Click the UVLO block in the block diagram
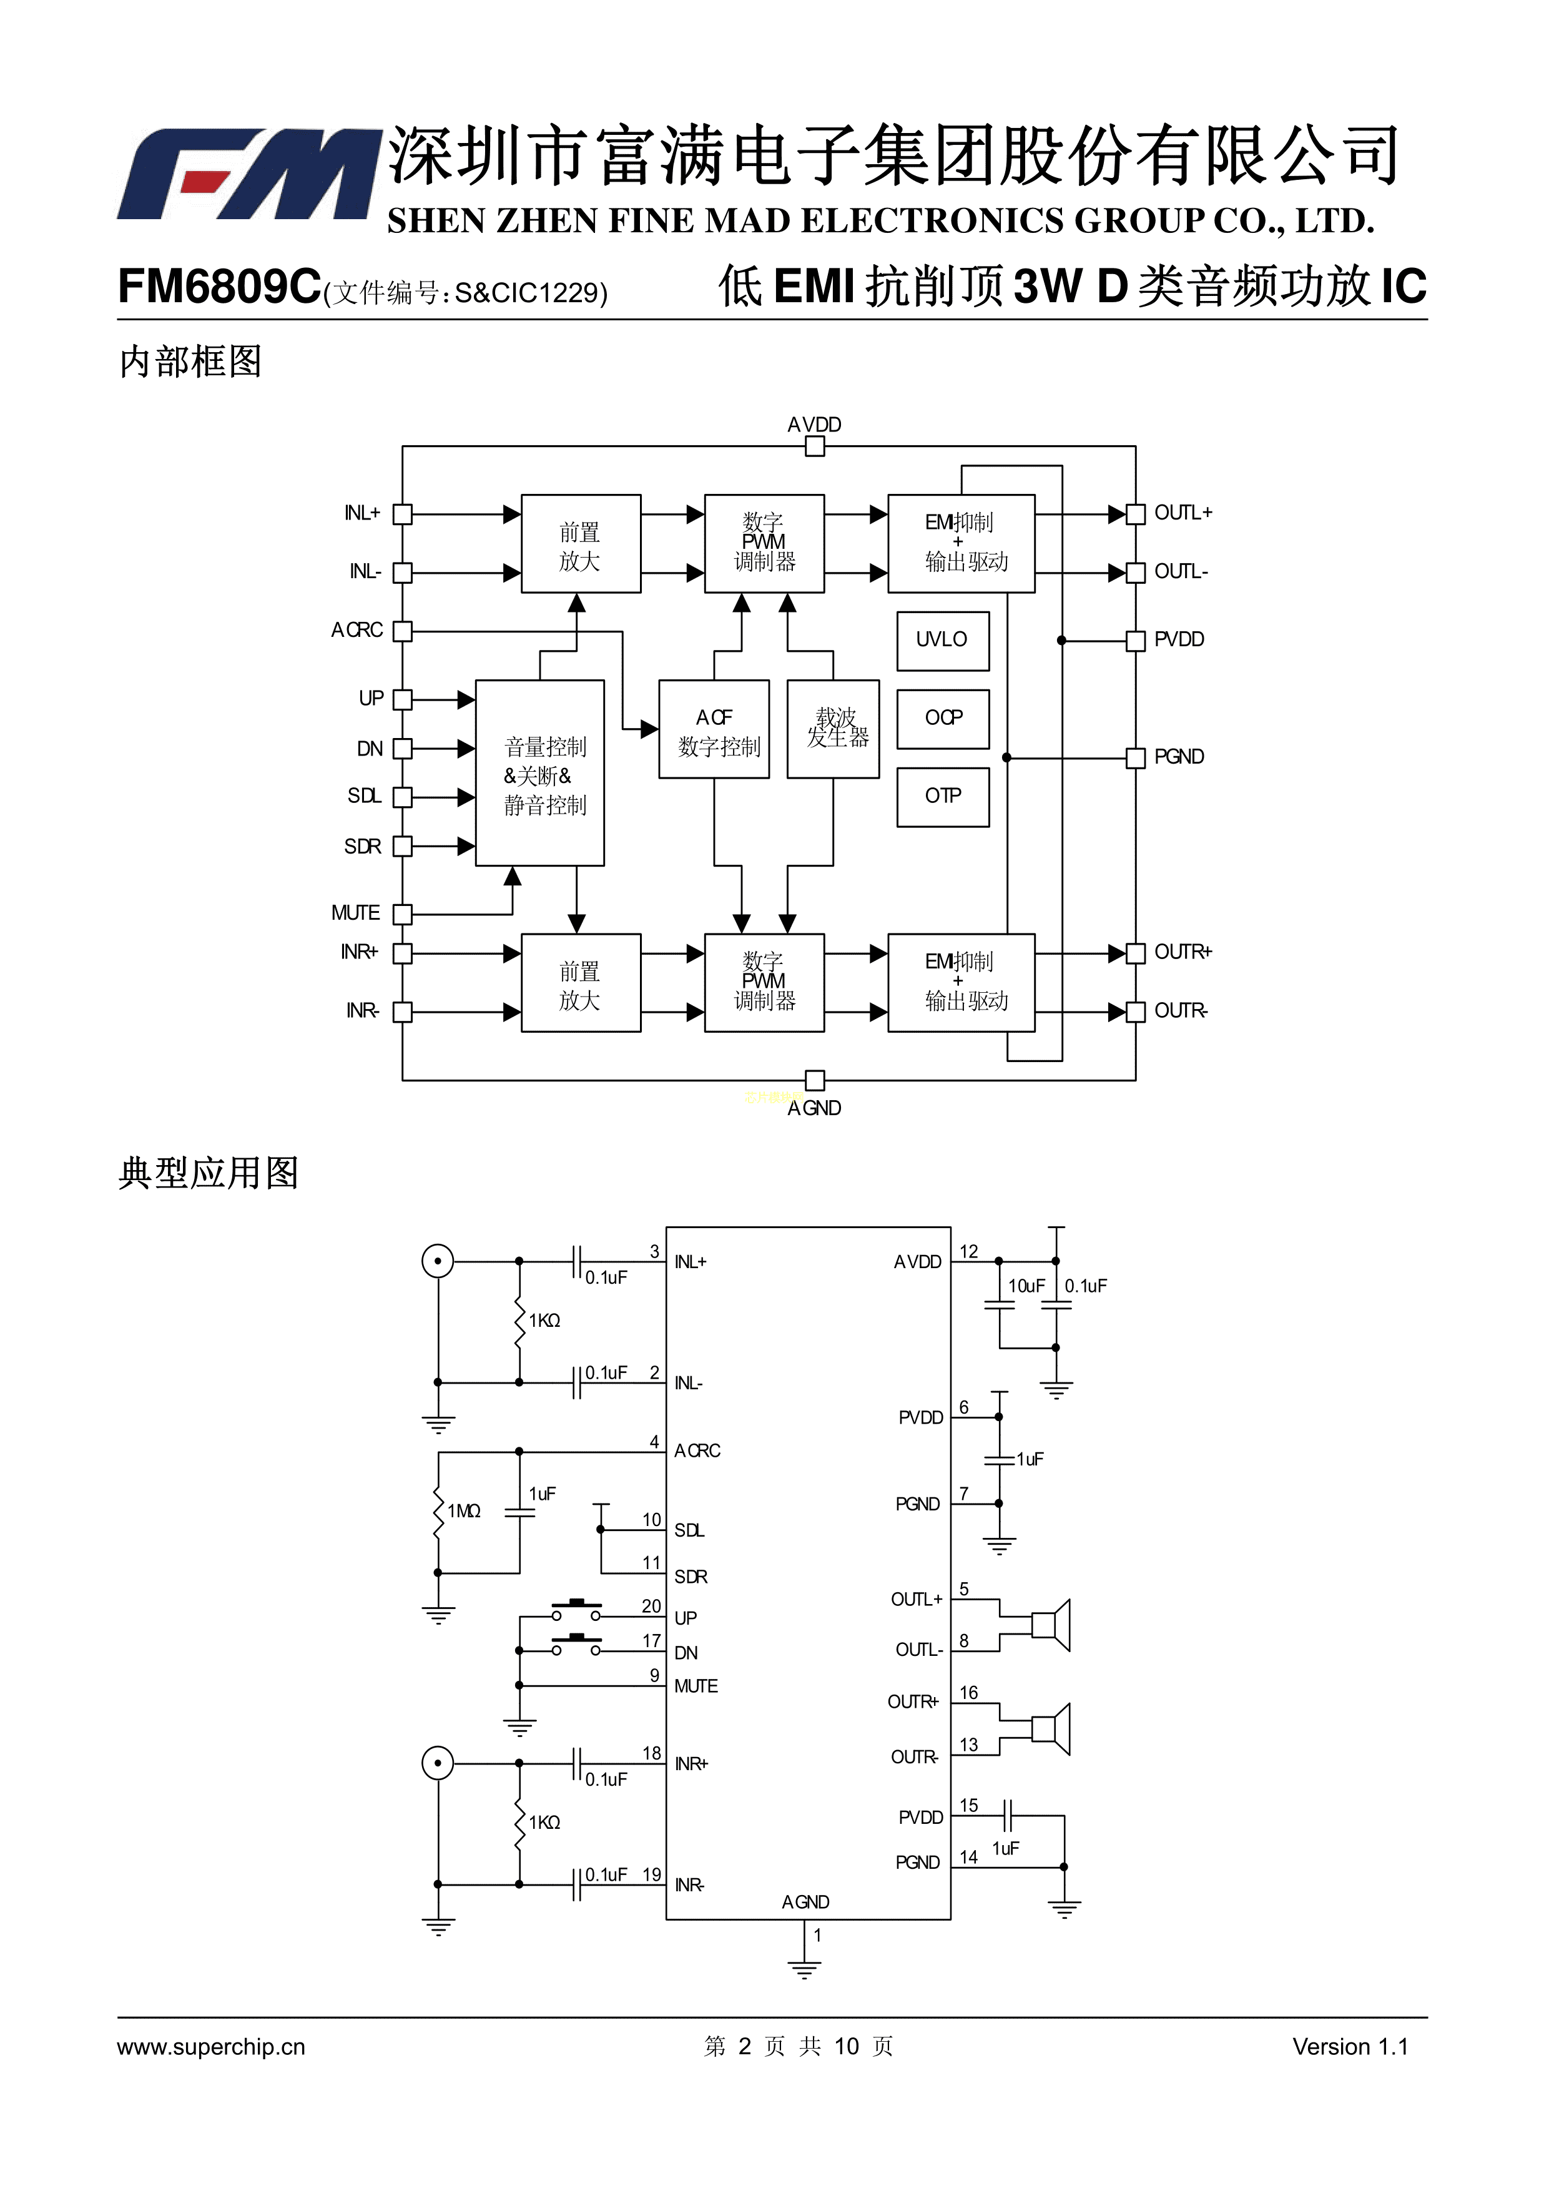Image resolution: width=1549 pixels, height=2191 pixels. [x=942, y=639]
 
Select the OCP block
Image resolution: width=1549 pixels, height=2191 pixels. [x=942, y=717]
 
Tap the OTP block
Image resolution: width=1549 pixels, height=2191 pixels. [x=942, y=796]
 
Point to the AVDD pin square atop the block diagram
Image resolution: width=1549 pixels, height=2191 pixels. [x=814, y=446]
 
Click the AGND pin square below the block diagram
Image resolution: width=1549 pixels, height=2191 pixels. [x=814, y=1080]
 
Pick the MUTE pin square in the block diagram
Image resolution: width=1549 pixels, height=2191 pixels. [x=403, y=914]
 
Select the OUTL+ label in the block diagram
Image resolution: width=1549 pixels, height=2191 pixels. [x=1183, y=513]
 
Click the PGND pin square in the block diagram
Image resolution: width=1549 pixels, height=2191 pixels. [x=1135, y=757]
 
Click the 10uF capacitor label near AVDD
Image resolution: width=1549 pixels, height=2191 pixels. [x=1026, y=1286]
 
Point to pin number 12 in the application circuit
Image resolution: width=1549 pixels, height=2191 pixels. [x=969, y=1252]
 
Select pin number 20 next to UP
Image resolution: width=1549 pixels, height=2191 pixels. [x=651, y=1606]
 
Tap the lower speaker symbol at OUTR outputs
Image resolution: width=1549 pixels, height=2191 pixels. [x=1052, y=1729]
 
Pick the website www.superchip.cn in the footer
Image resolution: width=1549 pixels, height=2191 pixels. [x=211, y=2047]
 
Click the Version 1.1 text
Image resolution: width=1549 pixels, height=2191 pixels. [x=1350, y=2047]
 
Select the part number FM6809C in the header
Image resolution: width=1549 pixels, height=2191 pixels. [x=219, y=285]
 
